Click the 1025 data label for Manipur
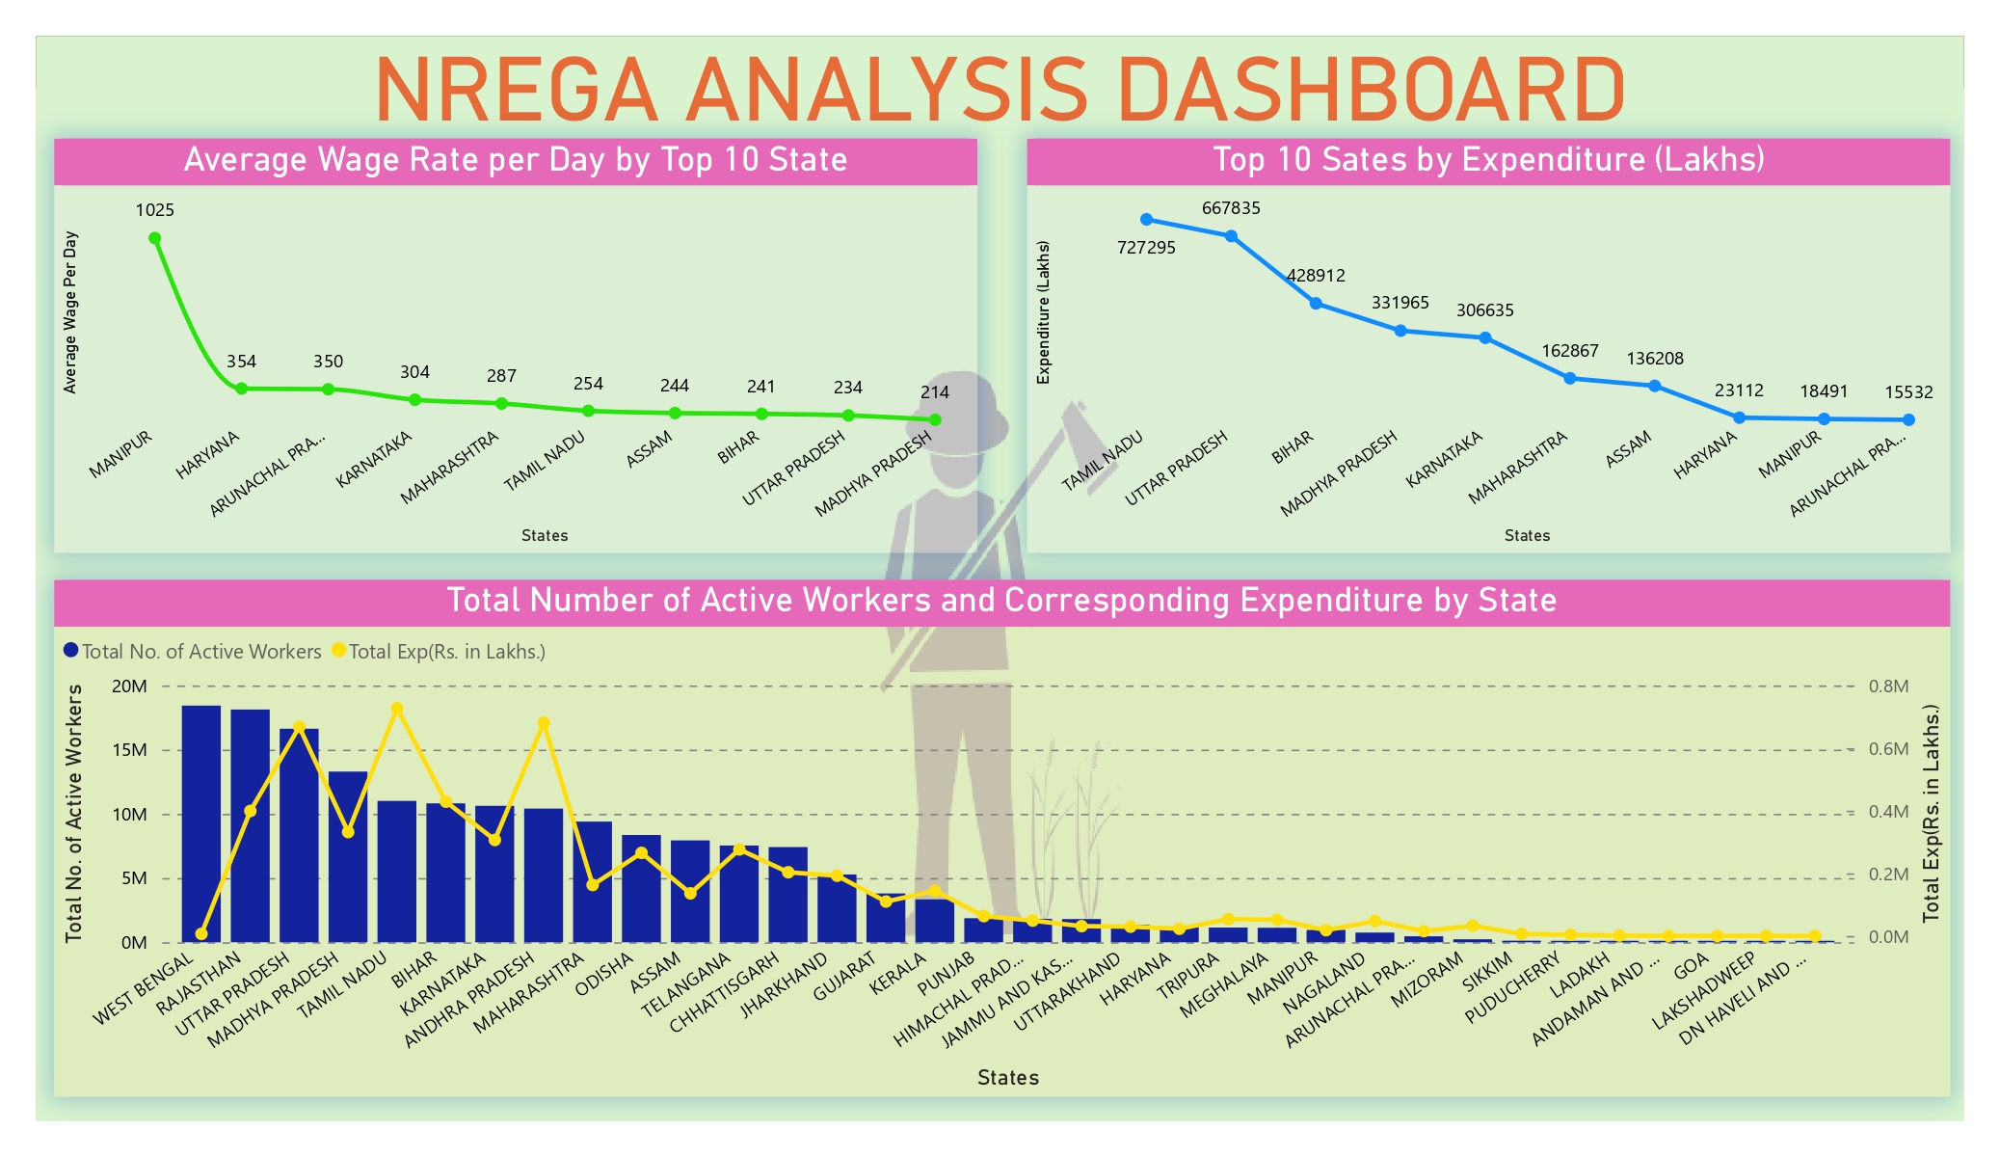pos(154,210)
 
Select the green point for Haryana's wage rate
pos(241,389)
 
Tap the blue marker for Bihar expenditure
pos(1316,304)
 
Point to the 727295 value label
pos(1146,248)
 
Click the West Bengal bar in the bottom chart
pos(201,824)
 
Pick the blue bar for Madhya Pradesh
pos(348,858)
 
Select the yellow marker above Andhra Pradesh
pos(544,723)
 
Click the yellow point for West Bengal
pos(201,933)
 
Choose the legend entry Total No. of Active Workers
pos(193,652)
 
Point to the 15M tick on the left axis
pos(130,750)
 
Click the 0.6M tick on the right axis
pos(1888,749)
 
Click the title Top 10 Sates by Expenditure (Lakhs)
pos(1488,160)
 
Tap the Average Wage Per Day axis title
pos(69,312)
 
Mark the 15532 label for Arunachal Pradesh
pos(1908,392)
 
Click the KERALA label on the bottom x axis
pos(898,974)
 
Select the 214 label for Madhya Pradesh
pos(934,392)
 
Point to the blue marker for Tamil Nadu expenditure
pos(1146,220)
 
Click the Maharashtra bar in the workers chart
pos(593,881)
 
